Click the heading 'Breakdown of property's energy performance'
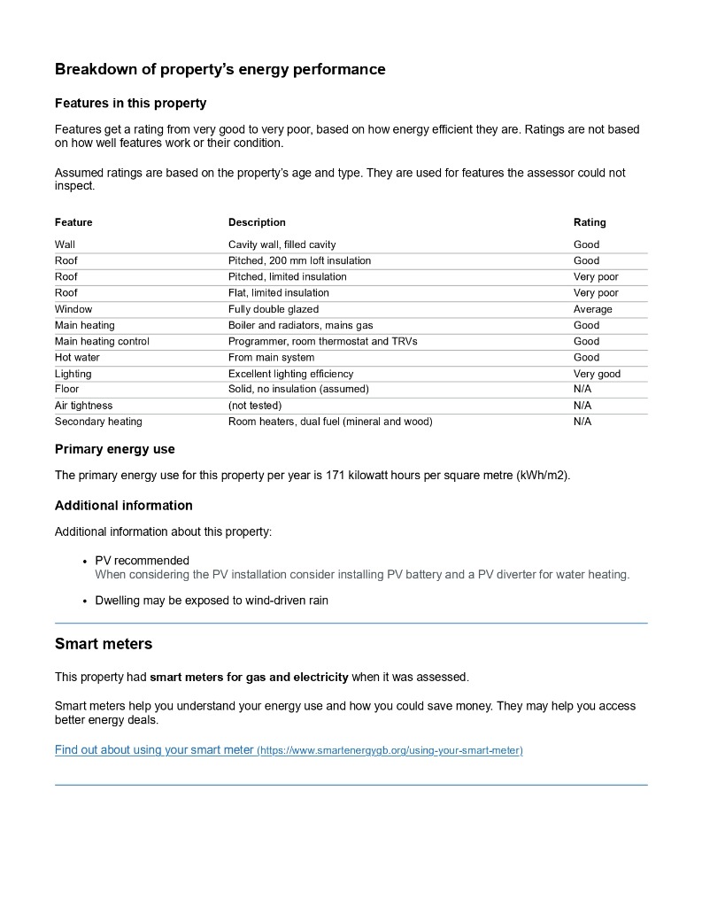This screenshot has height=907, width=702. point(220,69)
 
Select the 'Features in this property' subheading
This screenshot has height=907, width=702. point(130,103)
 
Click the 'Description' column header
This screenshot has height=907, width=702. point(257,222)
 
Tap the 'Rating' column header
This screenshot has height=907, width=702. point(590,222)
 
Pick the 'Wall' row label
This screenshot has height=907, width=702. point(65,244)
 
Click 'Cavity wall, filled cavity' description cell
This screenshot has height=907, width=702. point(282,244)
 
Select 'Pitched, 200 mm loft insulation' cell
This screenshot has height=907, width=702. point(299,260)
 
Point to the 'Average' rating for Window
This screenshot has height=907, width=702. point(592,309)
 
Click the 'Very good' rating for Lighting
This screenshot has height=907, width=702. point(597,374)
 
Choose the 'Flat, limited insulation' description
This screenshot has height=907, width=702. point(278,293)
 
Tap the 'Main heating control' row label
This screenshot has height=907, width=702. point(102,341)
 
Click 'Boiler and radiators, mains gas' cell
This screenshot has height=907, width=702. point(300,325)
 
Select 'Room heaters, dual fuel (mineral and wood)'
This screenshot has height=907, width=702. point(330,422)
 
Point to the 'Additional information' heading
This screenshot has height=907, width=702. point(123,506)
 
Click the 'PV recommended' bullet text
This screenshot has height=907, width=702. point(142,561)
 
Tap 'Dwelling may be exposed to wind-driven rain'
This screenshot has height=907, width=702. point(212,601)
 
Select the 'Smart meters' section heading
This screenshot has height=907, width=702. point(104,644)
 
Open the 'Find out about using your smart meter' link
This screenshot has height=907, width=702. point(154,750)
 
